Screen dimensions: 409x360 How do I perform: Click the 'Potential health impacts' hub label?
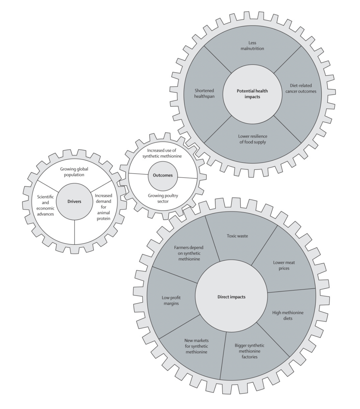(x=252, y=94)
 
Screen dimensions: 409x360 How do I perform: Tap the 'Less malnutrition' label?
(x=252, y=46)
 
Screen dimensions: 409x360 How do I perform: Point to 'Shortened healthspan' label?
(x=204, y=93)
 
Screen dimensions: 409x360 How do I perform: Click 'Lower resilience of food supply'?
(x=252, y=139)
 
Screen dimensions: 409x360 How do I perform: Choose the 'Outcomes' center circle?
(x=163, y=175)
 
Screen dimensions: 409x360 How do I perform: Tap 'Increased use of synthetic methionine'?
(x=162, y=153)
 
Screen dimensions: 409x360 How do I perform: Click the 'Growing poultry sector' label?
(x=163, y=198)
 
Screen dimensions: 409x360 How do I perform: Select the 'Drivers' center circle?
(x=74, y=201)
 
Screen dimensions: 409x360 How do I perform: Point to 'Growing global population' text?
(x=74, y=172)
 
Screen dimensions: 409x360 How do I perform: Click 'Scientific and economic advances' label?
(x=46, y=205)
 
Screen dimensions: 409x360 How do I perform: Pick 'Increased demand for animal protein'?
(x=103, y=207)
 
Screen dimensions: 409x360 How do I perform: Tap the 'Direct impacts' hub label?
(x=231, y=297)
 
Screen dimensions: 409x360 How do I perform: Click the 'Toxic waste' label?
(x=237, y=236)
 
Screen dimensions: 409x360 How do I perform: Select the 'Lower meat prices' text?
(x=284, y=265)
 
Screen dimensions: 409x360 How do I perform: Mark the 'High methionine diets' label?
(x=288, y=315)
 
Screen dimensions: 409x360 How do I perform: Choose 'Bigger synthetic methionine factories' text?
(x=249, y=351)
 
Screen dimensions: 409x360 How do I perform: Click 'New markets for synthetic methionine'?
(x=197, y=346)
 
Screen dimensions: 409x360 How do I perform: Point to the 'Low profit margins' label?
(x=171, y=301)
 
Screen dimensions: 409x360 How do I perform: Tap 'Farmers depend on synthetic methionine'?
(x=189, y=253)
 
